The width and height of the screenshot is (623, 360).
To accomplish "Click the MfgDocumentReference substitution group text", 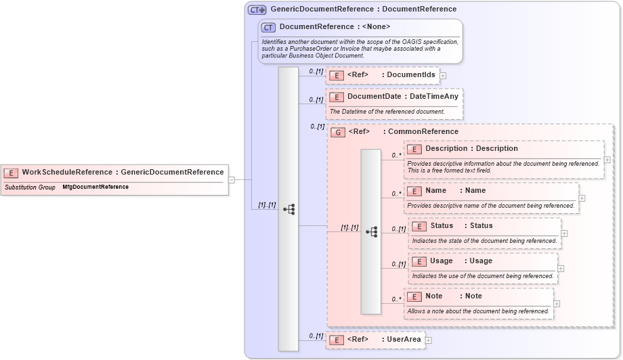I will pyautogui.click(x=95, y=187).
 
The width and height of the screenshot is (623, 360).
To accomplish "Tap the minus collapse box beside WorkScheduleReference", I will pyautogui.click(x=232, y=180).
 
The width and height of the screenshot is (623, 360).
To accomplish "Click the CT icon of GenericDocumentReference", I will pyautogui.click(x=257, y=9).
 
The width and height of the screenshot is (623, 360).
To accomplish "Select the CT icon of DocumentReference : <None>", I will pyautogui.click(x=269, y=27).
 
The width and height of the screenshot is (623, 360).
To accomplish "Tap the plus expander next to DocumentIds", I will pyautogui.click(x=443, y=75).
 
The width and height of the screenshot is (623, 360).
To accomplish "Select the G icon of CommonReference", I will pyautogui.click(x=338, y=132).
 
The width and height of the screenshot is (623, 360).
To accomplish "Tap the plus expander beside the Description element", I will pyautogui.click(x=607, y=160).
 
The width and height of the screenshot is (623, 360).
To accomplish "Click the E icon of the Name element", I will pyautogui.click(x=414, y=191).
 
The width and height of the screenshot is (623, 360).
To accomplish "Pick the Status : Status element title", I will pyautogui.click(x=461, y=226).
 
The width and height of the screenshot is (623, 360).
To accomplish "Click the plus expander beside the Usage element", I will pyautogui.click(x=561, y=269).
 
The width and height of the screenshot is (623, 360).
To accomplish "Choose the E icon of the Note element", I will pyautogui.click(x=414, y=296).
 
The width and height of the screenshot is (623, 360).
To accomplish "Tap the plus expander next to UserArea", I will pyautogui.click(x=428, y=340).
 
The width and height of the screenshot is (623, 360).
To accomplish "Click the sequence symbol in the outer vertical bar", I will pyautogui.click(x=288, y=209).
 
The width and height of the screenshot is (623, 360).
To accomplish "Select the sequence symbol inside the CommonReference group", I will pyautogui.click(x=371, y=231).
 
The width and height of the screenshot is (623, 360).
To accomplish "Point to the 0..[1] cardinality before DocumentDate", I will pyautogui.click(x=316, y=100).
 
